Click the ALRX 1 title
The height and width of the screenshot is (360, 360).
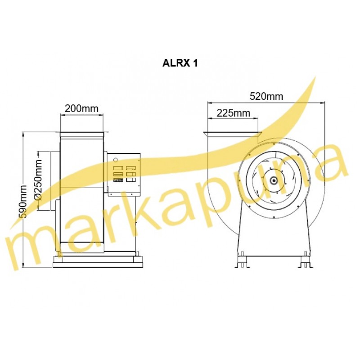pos(180,63)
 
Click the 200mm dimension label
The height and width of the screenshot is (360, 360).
pos(81,108)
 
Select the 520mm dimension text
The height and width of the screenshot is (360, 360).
pos(266,96)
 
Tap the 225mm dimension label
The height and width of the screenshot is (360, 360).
pos(233,113)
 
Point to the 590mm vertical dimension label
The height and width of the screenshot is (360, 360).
pos(23,201)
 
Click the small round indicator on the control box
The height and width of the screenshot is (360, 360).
pos(116,159)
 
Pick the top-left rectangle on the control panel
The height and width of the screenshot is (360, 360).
pos(118,168)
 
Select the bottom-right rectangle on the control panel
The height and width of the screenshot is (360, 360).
pos(131,180)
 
